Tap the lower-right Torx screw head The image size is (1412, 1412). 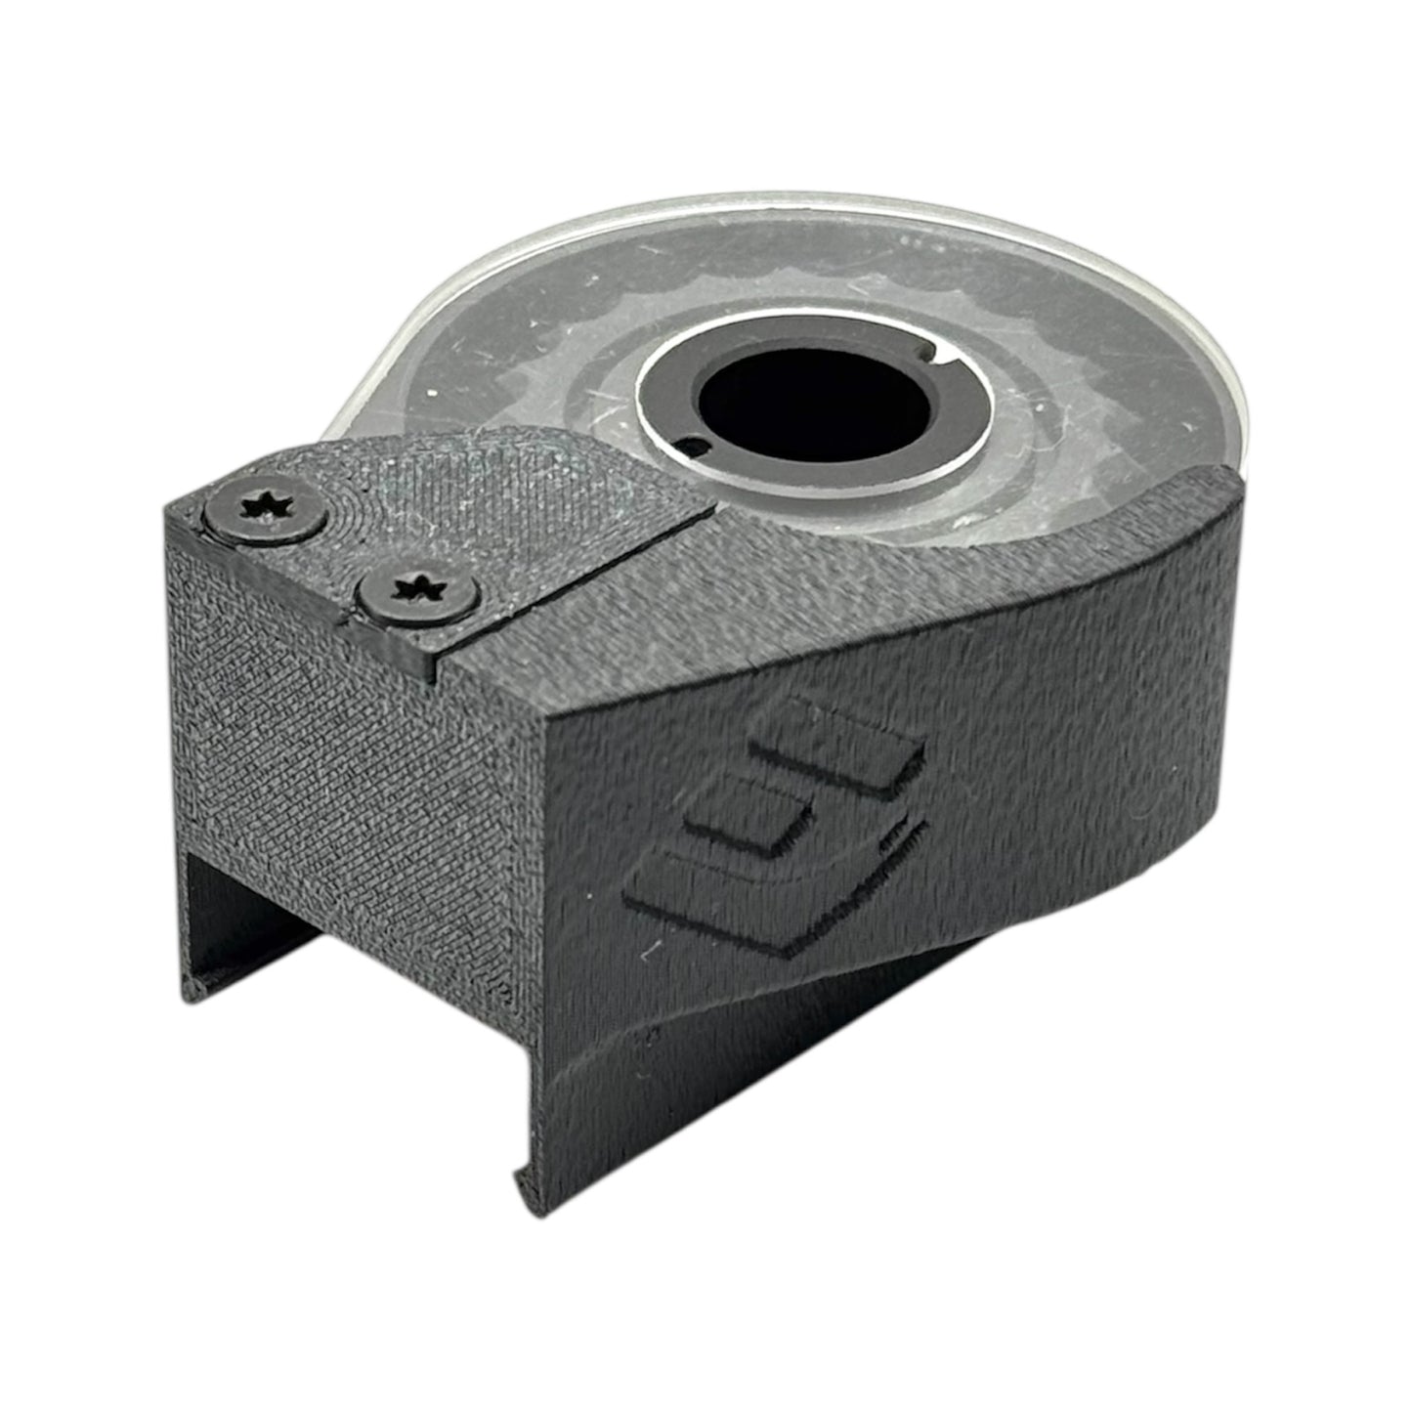pyautogui.click(x=416, y=592)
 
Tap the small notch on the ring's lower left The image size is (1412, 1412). pyautogui.click(x=695, y=449)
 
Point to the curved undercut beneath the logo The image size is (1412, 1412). pyautogui.click(x=782, y=1026)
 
